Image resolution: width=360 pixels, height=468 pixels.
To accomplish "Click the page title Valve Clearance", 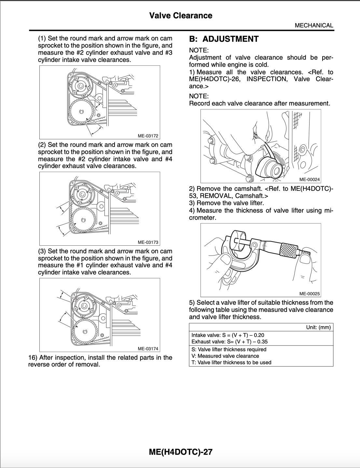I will tap(181, 16).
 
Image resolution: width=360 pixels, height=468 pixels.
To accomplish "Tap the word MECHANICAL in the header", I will tap(314, 25).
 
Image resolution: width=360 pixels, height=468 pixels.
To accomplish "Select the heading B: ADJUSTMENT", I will tap(224, 39).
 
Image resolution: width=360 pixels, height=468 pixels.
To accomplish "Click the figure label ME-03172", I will tap(148, 136).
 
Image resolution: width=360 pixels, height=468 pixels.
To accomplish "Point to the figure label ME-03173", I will tap(148, 242).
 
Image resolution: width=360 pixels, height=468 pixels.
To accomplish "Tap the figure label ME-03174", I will tap(148, 349).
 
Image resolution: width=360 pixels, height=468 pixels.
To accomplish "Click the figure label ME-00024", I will tap(310, 179).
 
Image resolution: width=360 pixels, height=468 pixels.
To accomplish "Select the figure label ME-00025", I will tap(310, 294).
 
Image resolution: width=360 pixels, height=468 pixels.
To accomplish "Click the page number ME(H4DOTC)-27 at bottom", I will tap(180, 452).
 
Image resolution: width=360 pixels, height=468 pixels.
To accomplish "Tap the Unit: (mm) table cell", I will tap(318, 327).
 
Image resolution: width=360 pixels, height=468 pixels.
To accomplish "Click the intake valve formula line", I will tap(228, 335).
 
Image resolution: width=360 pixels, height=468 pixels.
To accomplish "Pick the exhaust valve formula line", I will tap(229, 342).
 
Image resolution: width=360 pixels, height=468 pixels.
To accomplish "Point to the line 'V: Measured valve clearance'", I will tap(225, 356).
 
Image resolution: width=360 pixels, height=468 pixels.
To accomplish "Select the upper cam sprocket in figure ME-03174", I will tap(84, 306).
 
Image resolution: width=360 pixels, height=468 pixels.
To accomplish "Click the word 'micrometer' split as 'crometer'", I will tap(202, 218).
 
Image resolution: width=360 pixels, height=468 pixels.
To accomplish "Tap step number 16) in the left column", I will tap(33, 358).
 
